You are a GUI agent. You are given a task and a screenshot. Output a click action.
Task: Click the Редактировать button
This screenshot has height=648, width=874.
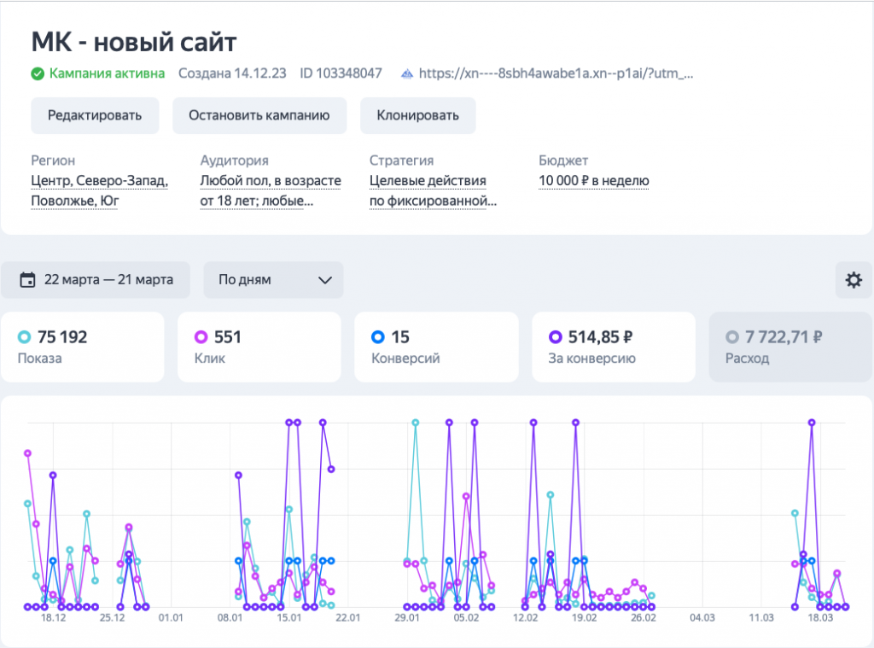coord(95,115)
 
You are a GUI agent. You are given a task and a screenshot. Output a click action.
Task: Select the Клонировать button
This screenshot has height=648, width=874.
coord(417,115)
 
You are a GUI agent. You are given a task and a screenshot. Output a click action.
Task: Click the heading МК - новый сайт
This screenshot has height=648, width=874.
coord(134,42)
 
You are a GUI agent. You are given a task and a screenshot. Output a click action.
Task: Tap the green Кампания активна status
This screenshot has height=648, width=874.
coord(98,73)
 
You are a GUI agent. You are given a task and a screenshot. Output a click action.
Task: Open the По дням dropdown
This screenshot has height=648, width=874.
coord(273,279)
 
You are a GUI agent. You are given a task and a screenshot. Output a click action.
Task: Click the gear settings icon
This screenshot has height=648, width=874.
coord(853,280)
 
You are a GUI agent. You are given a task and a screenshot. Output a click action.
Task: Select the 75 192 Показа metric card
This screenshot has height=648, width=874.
coord(82,347)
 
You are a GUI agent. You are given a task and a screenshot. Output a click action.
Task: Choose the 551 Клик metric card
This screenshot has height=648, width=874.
coord(259,347)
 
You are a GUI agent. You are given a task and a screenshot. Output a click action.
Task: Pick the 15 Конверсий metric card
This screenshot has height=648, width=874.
coord(436,347)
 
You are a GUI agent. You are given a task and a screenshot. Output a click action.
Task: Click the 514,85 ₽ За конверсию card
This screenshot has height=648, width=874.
coord(613,347)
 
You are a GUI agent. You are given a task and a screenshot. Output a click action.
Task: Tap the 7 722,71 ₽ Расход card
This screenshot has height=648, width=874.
coord(790,347)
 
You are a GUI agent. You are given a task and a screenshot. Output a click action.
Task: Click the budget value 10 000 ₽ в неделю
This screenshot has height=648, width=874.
coord(594,180)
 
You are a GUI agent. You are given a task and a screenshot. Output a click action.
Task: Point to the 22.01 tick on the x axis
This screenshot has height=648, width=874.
coord(347,617)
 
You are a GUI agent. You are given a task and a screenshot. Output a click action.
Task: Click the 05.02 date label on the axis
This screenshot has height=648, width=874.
coord(466,617)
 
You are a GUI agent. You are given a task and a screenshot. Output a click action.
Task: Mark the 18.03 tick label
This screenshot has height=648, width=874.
coord(820,617)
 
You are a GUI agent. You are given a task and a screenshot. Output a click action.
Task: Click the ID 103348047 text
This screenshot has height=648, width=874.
coord(341,73)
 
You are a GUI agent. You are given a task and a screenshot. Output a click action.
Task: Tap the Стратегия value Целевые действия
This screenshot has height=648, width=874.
coord(428,180)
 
